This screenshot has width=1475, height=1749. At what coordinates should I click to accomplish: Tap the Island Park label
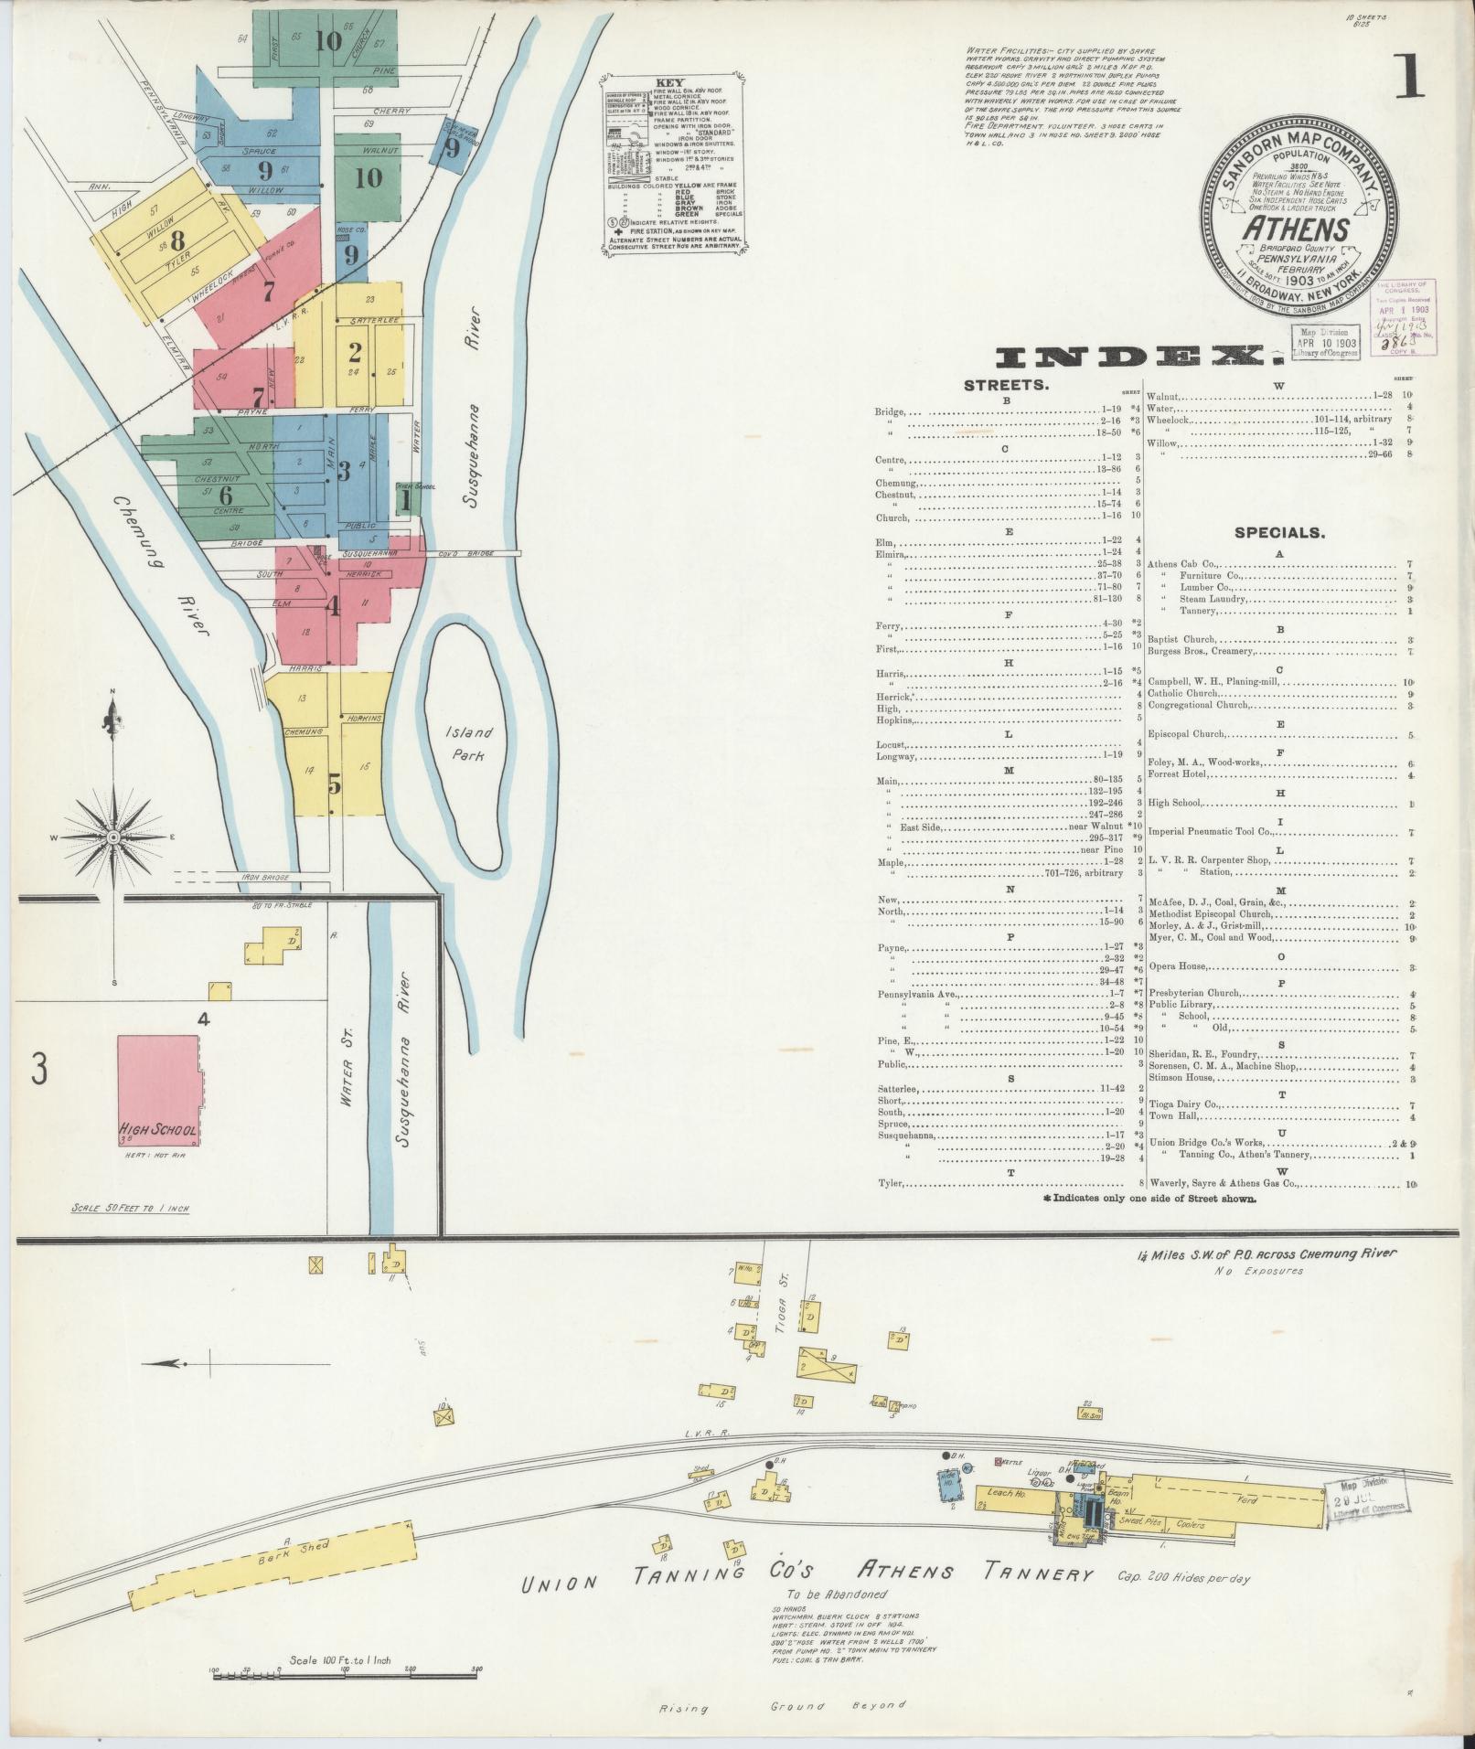pyautogui.click(x=469, y=743)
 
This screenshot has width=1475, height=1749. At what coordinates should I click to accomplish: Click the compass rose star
pyautogui.click(x=114, y=836)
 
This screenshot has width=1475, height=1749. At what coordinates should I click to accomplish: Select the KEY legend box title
pyautogui.click(x=670, y=80)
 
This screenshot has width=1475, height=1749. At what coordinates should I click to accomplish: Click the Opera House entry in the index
pyautogui.click(x=1179, y=966)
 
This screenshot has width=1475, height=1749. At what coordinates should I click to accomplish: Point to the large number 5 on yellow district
pyautogui.click(x=335, y=784)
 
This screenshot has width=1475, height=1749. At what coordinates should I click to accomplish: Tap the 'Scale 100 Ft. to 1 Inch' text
pyautogui.click(x=339, y=1659)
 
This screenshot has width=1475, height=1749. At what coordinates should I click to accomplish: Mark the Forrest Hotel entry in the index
pyautogui.click(x=1179, y=774)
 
